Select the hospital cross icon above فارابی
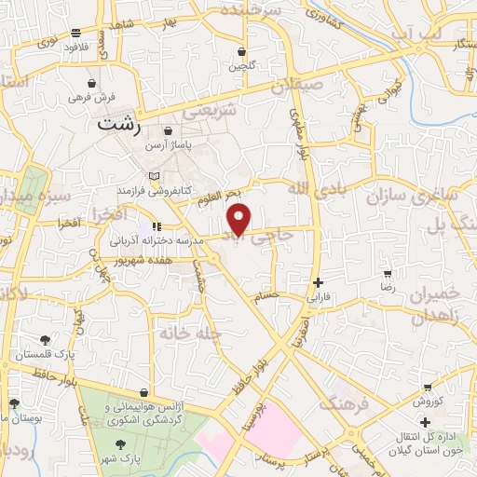point(318,283)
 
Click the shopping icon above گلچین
point(242,52)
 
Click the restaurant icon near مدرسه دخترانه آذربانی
point(156,225)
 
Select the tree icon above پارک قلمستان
point(45,340)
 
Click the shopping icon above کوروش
point(427,387)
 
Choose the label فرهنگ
point(345,403)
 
